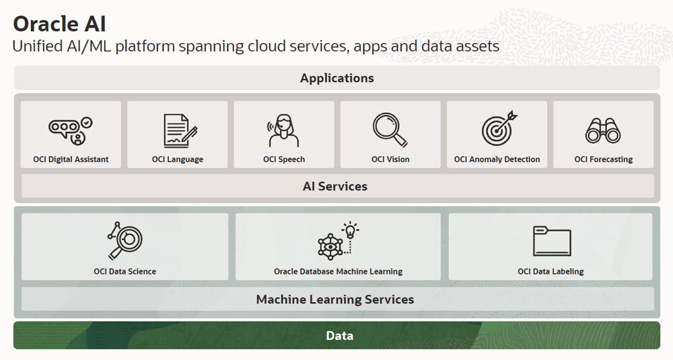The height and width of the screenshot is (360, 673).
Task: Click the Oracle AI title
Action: [59, 24]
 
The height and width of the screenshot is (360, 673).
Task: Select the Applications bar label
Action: [337, 78]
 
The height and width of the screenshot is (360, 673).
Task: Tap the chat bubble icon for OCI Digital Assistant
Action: [71, 131]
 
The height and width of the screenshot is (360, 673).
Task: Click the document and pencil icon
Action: [180, 131]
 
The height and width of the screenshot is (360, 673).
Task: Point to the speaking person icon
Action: [283, 131]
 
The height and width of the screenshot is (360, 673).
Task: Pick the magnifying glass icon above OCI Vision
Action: [390, 130]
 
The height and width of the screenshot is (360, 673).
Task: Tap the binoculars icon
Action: [603, 131]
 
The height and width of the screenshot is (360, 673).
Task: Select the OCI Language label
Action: [177, 159]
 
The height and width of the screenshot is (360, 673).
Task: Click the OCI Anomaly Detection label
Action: [497, 159]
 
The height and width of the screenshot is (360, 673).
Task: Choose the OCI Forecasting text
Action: [604, 159]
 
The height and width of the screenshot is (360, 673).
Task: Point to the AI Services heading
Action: [335, 186]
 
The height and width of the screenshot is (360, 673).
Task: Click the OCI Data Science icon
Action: [125, 241]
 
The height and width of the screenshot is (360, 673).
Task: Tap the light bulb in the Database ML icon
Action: [351, 230]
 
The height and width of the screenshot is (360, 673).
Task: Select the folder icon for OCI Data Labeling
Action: [552, 241]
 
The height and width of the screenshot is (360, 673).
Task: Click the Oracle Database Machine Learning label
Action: [339, 271]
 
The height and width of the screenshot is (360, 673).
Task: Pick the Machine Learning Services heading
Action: [335, 299]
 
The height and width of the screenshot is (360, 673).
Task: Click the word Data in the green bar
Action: [339, 336]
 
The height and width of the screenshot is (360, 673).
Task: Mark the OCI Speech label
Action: [284, 159]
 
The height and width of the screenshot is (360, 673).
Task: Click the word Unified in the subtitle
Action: [38, 46]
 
